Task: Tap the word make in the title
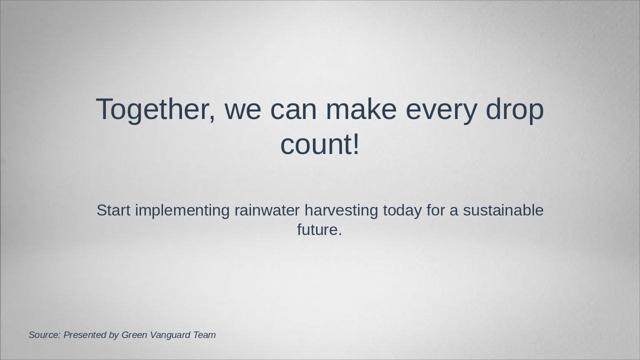pyautogui.click(x=361, y=109)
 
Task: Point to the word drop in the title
pyautogui.click(x=514, y=110)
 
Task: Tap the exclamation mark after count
pyautogui.click(x=355, y=143)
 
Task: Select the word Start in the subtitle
pyautogui.click(x=113, y=210)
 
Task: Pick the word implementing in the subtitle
pyautogui.click(x=182, y=211)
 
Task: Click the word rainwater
pyautogui.click(x=267, y=210)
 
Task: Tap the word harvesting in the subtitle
pyautogui.click(x=341, y=211)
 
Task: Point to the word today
pyautogui.click(x=402, y=211)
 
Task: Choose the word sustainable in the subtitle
pyautogui.click(x=503, y=210)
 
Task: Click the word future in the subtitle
pyautogui.click(x=317, y=229)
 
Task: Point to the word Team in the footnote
pyautogui.click(x=204, y=335)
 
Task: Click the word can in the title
pyautogui.click(x=293, y=111)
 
